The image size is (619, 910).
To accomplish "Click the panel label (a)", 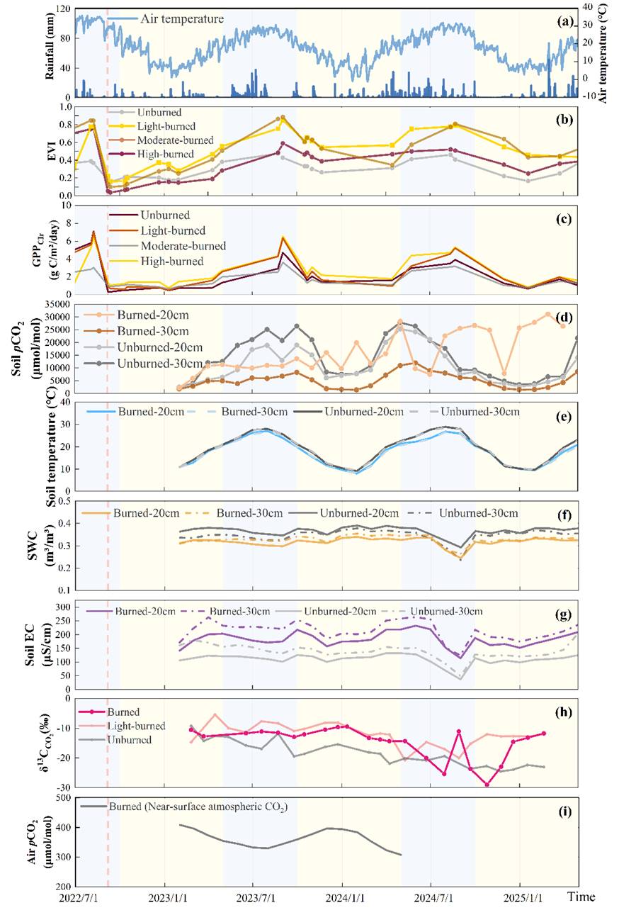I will tap(564, 21).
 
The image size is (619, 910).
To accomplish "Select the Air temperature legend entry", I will tap(183, 18).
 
